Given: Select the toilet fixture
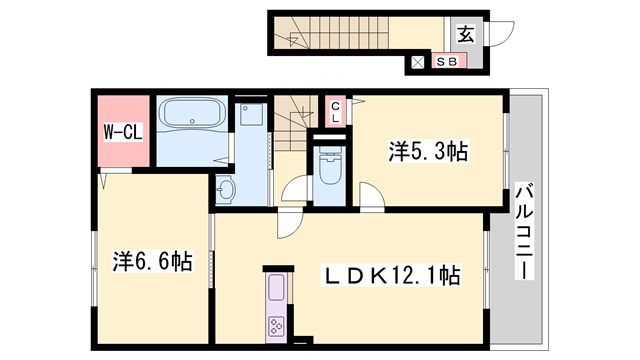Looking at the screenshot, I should [x=328, y=167].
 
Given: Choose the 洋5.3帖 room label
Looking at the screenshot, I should [x=429, y=152].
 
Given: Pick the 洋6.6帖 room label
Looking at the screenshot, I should [x=152, y=262].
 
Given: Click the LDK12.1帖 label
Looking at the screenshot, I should [x=388, y=275].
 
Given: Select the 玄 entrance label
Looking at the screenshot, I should [x=465, y=34].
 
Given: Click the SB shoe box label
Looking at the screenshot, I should [x=447, y=62].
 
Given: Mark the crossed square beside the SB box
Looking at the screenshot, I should [x=418, y=63].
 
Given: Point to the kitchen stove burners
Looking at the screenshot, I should [x=274, y=325].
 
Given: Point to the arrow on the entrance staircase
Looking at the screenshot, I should [x=297, y=40].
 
